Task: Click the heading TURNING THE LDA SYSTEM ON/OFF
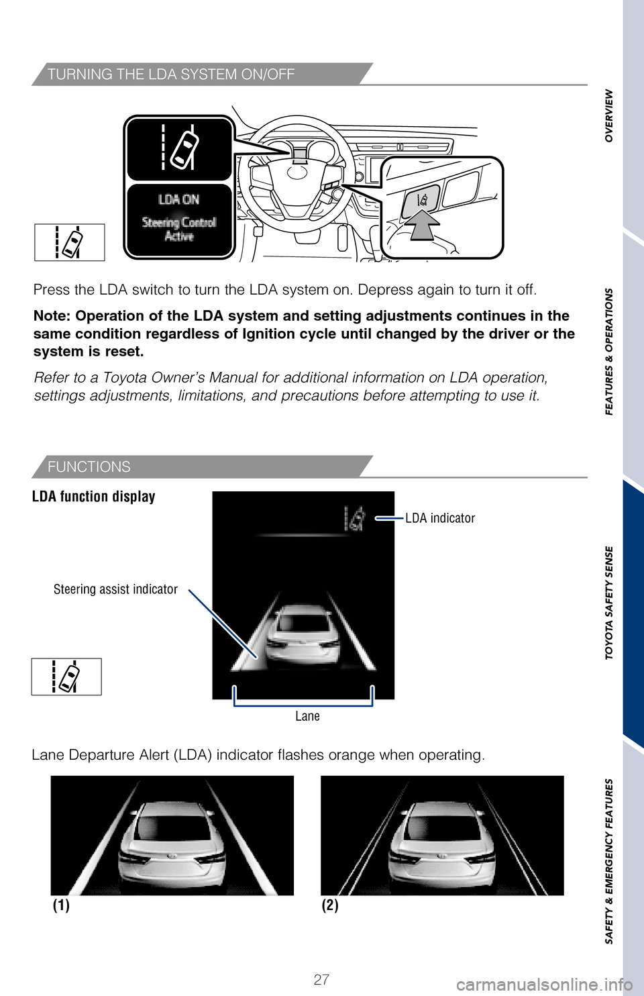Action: tap(171, 74)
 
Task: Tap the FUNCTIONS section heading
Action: tap(89, 466)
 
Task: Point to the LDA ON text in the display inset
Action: tap(178, 199)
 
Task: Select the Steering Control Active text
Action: tap(179, 229)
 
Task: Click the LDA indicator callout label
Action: tap(440, 518)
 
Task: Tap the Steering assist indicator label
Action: tap(115, 589)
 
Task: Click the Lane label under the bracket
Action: tap(307, 716)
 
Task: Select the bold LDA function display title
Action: tap(94, 497)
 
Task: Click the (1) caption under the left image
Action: tap(61, 905)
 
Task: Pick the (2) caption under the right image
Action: tap(329, 905)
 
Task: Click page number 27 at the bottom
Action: tap(321, 980)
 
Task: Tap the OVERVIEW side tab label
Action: tap(609, 115)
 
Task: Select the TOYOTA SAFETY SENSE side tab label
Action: tap(609, 603)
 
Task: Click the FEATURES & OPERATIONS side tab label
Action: tap(609, 351)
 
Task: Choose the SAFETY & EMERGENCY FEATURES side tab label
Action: tap(609, 861)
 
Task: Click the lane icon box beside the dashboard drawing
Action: tap(70, 242)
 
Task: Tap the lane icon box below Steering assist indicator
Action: tap(66, 677)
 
